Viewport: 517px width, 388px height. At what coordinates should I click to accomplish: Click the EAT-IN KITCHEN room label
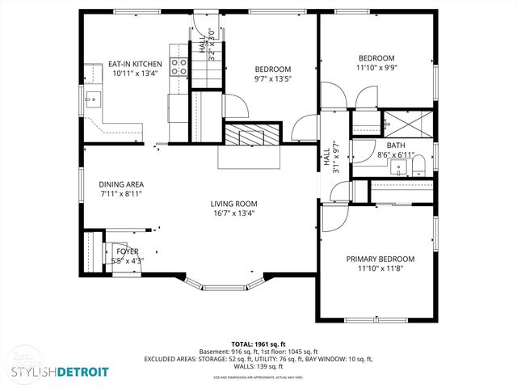[136, 64]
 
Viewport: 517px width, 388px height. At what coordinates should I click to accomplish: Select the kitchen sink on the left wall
[93, 101]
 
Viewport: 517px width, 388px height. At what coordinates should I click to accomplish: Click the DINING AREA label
[121, 183]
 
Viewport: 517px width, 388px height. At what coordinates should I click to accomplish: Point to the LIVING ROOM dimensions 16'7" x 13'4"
[234, 213]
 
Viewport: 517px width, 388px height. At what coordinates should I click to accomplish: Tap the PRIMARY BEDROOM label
[380, 259]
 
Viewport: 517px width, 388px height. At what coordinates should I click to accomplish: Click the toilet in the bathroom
[418, 168]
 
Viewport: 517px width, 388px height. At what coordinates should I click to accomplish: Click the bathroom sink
[397, 168]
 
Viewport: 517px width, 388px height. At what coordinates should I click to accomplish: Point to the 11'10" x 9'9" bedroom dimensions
[376, 68]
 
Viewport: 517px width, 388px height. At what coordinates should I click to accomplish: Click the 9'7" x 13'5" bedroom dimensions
[273, 79]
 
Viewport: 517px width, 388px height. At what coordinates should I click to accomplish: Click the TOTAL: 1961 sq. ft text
[258, 344]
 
